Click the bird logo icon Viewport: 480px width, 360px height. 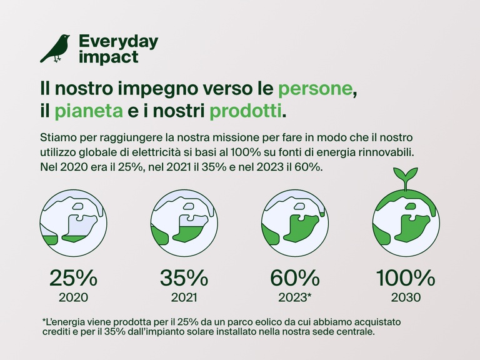pyautogui.click(x=55, y=49)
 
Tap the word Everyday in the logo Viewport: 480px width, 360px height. pyautogui.click(x=118, y=42)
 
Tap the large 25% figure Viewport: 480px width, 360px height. pyautogui.click(x=73, y=277)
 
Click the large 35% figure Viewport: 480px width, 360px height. pyautogui.click(x=184, y=277)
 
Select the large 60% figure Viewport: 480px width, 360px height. pyautogui.click(x=294, y=277)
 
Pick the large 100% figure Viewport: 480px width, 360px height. pyautogui.click(x=405, y=277)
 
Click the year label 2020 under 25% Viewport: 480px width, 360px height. pyautogui.click(x=73, y=297)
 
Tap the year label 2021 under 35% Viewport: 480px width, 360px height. pyautogui.click(x=184, y=297)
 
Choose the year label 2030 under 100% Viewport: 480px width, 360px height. pyautogui.click(x=405, y=297)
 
